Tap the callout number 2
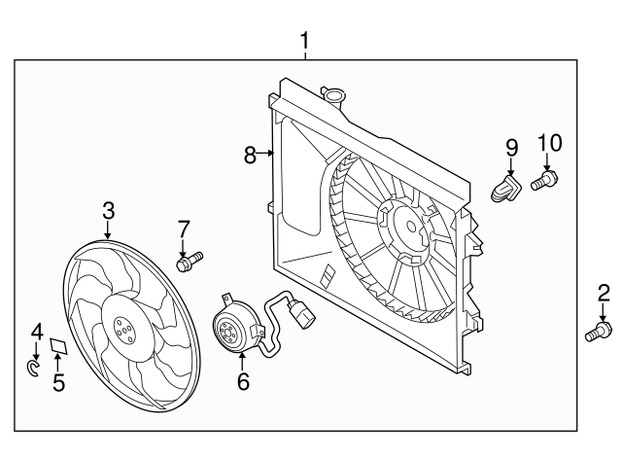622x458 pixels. point(603,292)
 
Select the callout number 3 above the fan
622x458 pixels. point(108,211)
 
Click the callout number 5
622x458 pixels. point(58,382)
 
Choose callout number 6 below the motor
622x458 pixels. point(243,382)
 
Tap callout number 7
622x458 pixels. point(183,229)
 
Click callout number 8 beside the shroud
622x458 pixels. point(250,154)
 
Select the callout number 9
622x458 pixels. point(511,147)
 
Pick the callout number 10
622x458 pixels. point(549,143)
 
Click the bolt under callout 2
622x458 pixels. point(597,333)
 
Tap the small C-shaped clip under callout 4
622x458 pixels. point(33,368)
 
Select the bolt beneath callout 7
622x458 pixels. point(189,260)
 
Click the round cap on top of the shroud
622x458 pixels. point(332,95)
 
